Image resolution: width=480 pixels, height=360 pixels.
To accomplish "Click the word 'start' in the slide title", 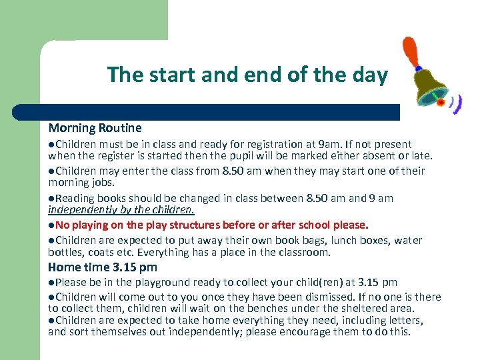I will [167, 75].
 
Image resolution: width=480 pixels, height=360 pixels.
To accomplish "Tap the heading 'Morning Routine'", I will [95, 127].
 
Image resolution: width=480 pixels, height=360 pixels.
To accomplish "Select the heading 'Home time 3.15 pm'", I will [103, 267].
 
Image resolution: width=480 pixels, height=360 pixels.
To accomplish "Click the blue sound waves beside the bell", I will [456, 103].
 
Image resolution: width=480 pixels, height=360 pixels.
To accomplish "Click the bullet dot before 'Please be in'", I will [51, 283].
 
